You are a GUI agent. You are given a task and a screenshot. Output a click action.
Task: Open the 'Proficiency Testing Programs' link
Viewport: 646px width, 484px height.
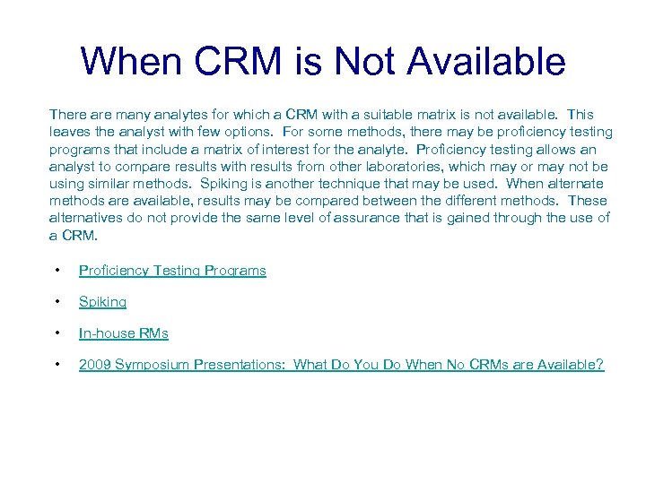point(172,271)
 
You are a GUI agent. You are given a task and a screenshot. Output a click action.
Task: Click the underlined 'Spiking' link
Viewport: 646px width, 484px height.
point(102,302)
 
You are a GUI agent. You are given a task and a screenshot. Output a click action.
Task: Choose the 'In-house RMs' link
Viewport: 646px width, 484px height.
point(124,333)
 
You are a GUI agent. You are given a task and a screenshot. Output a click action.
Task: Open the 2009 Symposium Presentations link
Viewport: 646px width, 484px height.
point(341,365)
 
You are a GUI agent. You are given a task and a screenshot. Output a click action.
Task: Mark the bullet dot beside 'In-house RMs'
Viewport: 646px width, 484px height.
point(57,333)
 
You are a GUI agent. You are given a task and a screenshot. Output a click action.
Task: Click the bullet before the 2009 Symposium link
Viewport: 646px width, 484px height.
point(57,365)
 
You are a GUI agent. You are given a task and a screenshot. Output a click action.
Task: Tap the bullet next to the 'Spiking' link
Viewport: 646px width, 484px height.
point(57,302)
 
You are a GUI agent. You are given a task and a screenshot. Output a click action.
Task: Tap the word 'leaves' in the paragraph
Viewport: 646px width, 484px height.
point(68,132)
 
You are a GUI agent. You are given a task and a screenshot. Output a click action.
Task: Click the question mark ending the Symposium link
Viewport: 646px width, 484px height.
point(600,365)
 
